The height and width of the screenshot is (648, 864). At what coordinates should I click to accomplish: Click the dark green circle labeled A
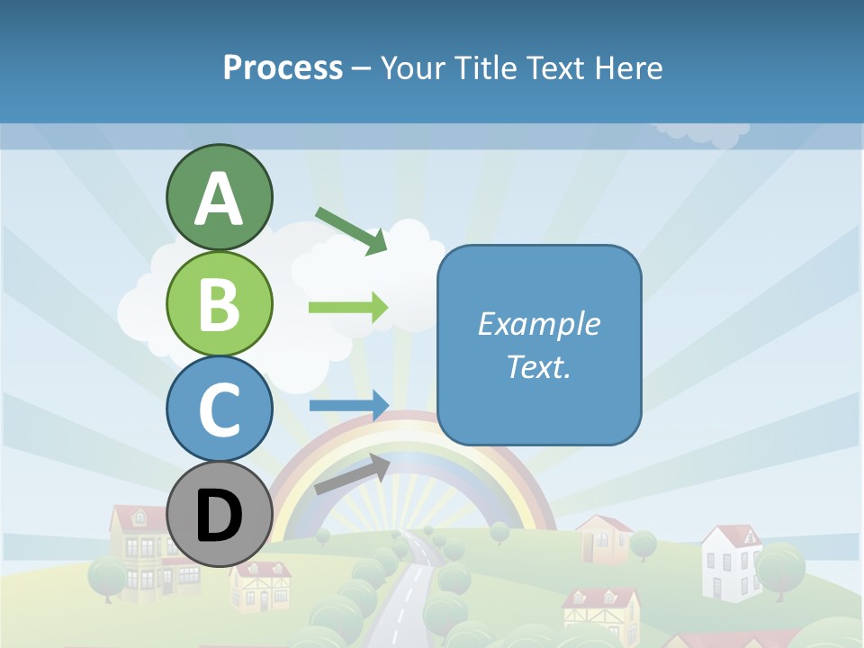[219, 197]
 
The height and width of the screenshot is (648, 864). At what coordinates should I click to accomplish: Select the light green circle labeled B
[219, 303]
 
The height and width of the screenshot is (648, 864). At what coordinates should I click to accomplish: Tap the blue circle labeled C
[219, 409]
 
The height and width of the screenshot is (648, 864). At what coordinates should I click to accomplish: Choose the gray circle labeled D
[219, 515]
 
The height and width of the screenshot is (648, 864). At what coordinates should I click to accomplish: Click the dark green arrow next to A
[352, 230]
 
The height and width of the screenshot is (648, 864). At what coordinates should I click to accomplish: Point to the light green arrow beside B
[348, 308]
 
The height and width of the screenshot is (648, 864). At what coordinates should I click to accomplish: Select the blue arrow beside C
[349, 405]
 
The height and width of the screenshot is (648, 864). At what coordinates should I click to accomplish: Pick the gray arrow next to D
[352, 474]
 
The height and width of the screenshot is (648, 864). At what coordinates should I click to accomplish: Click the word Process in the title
[283, 67]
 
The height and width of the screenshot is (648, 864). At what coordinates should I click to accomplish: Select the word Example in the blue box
[538, 324]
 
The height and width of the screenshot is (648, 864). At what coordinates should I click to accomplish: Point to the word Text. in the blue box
[538, 366]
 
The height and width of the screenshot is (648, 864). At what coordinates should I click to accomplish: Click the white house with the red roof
[731, 562]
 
